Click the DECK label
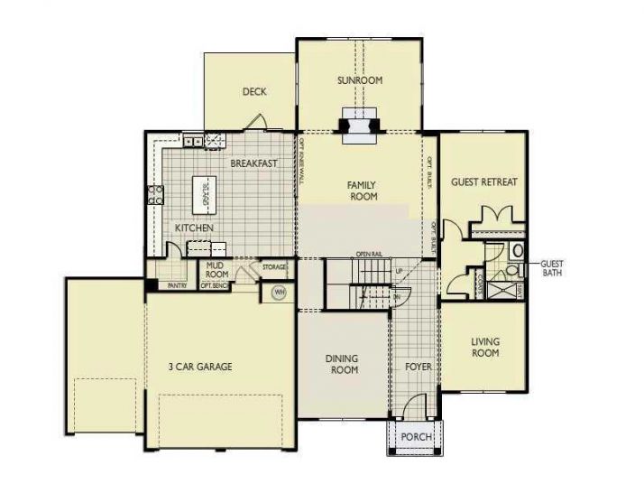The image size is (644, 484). (254, 91)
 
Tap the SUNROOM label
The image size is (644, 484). (360, 80)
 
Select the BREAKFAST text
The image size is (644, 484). (253, 163)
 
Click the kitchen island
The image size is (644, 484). (206, 191)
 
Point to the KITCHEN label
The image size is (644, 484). (194, 228)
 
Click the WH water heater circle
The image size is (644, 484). (279, 292)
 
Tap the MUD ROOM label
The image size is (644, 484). (216, 269)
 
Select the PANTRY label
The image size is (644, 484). (176, 285)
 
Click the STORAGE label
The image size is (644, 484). (274, 267)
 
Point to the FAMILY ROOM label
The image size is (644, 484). (362, 190)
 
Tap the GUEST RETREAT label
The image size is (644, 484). (484, 181)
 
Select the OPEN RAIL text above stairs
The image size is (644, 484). (371, 254)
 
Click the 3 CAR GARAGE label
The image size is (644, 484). (200, 367)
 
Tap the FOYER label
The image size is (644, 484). (418, 368)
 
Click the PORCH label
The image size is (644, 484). (416, 437)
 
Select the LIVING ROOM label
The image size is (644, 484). (485, 348)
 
